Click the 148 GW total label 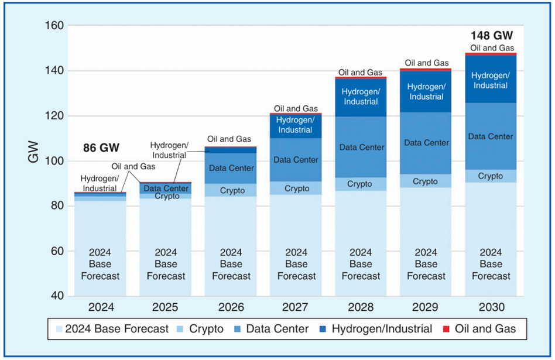tap(492, 36)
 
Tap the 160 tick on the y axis tap(54, 26)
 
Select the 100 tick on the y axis tap(54, 161)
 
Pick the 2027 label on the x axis tap(296, 307)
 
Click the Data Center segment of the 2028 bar tap(362, 147)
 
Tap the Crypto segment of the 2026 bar tap(232, 190)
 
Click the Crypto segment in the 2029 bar tap(426, 181)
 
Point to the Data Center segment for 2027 tap(296, 159)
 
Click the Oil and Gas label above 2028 tap(361, 73)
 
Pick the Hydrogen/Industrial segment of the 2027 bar tap(296, 125)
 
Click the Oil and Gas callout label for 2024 tap(133, 166)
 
